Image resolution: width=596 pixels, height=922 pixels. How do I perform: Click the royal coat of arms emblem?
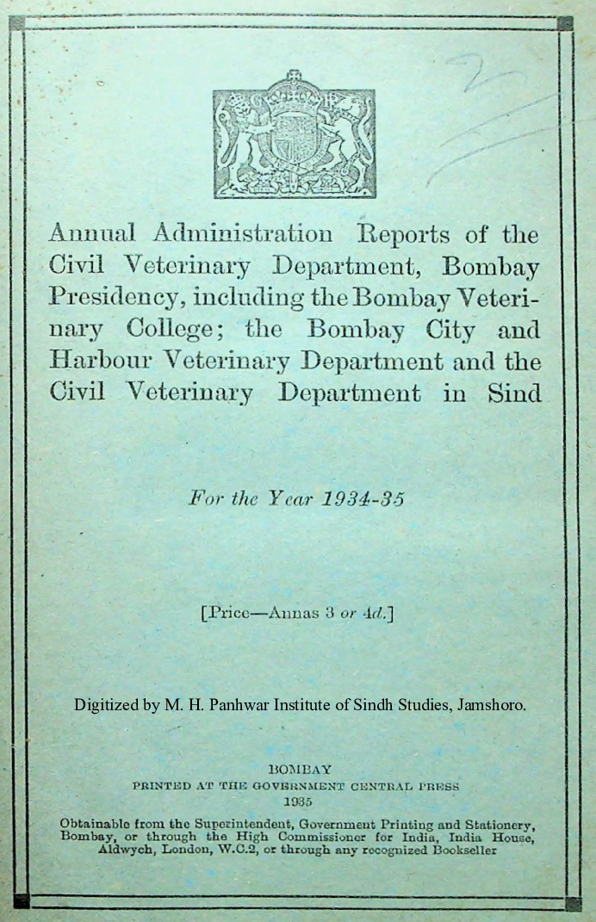pyautogui.click(x=293, y=134)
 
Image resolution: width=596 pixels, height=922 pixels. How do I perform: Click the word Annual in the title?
pyautogui.click(x=92, y=233)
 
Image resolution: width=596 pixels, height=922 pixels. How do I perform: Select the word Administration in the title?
pyautogui.click(x=243, y=233)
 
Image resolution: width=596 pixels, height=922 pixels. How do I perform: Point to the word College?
pyautogui.click(x=176, y=330)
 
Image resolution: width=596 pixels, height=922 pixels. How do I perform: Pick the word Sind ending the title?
pyautogui.click(x=513, y=393)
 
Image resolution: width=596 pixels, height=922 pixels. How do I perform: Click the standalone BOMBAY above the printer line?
pyautogui.click(x=297, y=770)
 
